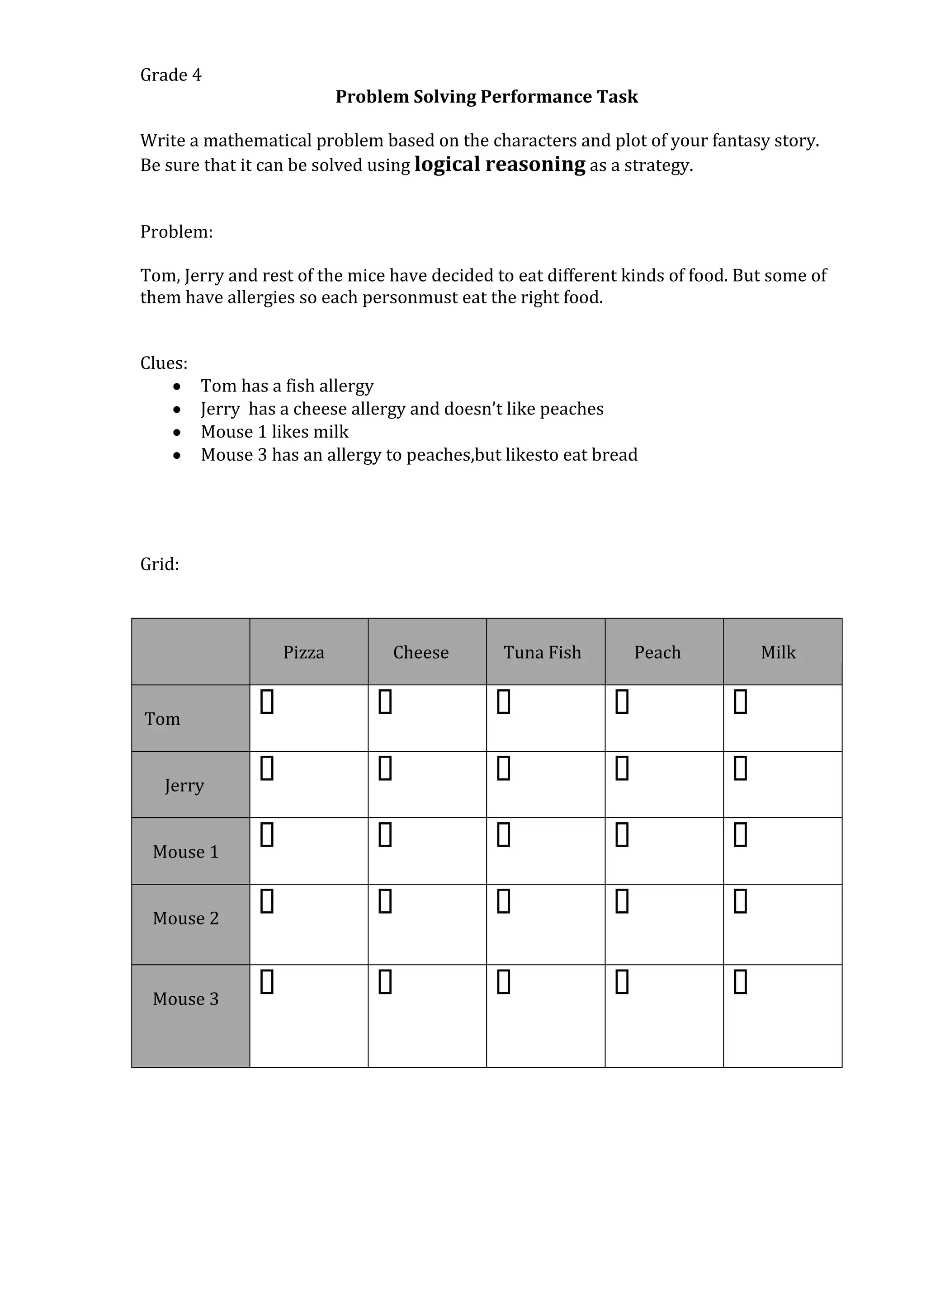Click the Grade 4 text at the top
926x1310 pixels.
click(x=170, y=75)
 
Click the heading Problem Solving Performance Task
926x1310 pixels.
click(x=486, y=96)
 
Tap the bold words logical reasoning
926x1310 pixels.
click(x=499, y=165)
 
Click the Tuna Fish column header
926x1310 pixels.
click(x=542, y=652)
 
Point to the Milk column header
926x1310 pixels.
click(x=778, y=652)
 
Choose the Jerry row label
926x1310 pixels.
click(x=184, y=785)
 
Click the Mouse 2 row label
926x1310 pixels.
click(x=185, y=918)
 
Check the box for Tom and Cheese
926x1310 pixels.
click(x=385, y=702)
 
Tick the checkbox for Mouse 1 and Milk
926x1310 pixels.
click(x=740, y=835)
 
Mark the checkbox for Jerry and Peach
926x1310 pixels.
click(x=622, y=768)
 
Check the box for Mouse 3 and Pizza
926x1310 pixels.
click(x=267, y=981)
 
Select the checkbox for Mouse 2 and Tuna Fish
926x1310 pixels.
click(x=503, y=901)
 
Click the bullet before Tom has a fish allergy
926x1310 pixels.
click(x=177, y=387)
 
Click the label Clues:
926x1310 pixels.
click(x=164, y=363)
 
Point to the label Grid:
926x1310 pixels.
click(x=160, y=564)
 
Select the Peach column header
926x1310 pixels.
click(x=657, y=652)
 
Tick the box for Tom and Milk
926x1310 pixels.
click(x=740, y=702)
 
